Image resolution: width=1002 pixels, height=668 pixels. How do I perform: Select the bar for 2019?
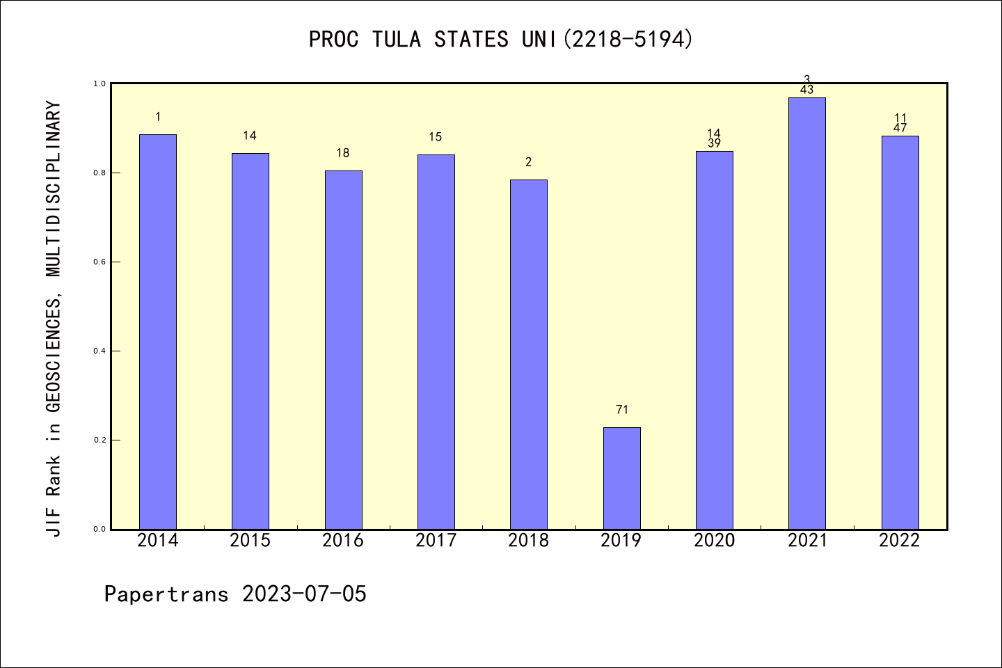(x=621, y=478)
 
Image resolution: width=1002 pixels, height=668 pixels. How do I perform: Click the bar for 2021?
(x=807, y=313)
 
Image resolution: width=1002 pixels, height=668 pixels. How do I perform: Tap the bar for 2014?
(x=158, y=331)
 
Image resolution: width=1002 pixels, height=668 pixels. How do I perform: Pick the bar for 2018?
(x=529, y=354)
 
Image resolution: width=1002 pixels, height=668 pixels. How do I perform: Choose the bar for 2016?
(x=343, y=349)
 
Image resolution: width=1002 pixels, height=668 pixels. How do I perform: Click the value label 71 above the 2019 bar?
(x=621, y=410)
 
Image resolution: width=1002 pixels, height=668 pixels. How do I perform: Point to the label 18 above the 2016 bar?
(x=343, y=153)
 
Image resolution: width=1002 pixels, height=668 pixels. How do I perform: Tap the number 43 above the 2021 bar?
(x=807, y=90)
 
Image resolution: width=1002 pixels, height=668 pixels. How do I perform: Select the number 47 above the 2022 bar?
(x=900, y=128)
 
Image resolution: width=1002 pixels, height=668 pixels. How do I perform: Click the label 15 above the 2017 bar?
(x=436, y=137)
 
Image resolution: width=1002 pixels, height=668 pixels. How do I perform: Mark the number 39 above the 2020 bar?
(x=714, y=143)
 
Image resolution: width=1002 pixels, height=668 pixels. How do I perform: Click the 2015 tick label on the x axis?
(x=250, y=540)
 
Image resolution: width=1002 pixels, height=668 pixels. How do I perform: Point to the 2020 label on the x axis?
(x=714, y=540)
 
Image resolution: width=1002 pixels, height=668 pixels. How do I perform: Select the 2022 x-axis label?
(x=900, y=540)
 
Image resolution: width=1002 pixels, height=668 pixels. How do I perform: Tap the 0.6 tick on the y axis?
(x=100, y=262)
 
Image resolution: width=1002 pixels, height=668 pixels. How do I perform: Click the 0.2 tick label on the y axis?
(x=100, y=440)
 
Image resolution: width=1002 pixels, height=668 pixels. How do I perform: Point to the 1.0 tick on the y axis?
(x=100, y=84)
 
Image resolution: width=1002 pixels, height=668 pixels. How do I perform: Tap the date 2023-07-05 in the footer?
(x=304, y=594)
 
